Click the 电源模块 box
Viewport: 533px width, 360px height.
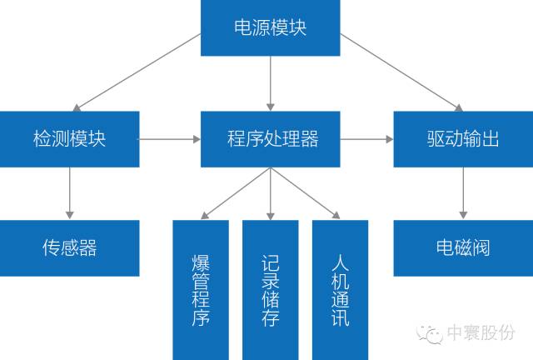(x=270, y=28)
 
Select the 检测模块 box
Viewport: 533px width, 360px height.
(x=70, y=138)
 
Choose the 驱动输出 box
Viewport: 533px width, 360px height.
(x=457, y=138)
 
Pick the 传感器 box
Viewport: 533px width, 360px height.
(x=70, y=247)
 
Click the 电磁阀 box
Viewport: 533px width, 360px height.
(x=462, y=247)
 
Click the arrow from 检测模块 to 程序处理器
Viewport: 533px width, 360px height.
(x=171, y=139)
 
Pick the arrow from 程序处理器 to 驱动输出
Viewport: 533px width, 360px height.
(x=367, y=139)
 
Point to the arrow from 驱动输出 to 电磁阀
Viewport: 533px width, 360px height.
(x=461, y=193)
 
